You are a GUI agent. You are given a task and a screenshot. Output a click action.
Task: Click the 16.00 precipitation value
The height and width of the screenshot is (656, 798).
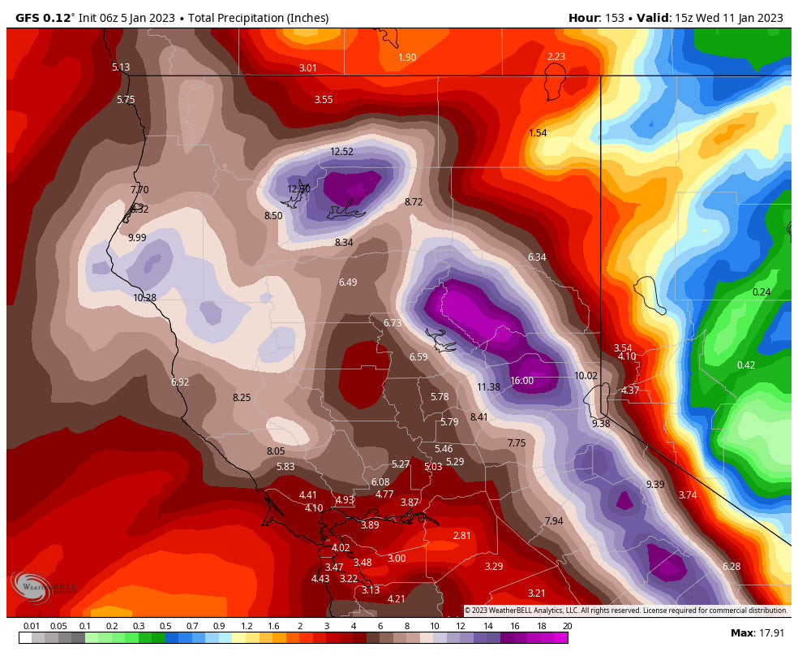pyautogui.click(x=521, y=381)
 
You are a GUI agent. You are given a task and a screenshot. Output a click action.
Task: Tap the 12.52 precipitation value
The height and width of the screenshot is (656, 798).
pyautogui.click(x=342, y=152)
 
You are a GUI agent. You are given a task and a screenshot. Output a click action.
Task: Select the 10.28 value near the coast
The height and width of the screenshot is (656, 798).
pyautogui.click(x=144, y=298)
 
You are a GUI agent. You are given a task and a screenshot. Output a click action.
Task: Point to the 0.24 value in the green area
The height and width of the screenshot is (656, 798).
pyautogui.click(x=762, y=292)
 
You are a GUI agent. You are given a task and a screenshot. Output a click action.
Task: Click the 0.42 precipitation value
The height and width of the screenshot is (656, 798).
pyautogui.click(x=745, y=365)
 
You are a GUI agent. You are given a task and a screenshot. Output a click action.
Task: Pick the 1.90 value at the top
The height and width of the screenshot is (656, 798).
pyautogui.click(x=407, y=58)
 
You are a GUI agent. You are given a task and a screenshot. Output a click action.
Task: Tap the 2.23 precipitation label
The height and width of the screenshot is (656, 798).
pyautogui.click(x=556, y=56)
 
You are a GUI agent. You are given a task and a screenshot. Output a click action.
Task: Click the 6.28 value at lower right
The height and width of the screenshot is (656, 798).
pyautogui.click(x=731, y=567)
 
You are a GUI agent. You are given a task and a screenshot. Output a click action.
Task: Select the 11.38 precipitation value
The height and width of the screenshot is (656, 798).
pyautogui.click(x=488, y=387)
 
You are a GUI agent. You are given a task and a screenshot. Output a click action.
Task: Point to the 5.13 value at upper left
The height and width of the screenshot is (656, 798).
pyautogui.click(x=121, y=67)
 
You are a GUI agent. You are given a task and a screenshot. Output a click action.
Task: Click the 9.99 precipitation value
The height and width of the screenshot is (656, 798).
pyautogui.click(x=137, y=238)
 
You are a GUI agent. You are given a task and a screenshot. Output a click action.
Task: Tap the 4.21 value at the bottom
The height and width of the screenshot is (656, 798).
pyautogui.click(x=396, y=599)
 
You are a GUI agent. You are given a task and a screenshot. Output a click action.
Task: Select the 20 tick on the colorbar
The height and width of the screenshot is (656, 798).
pyautogui.click(x=567, y=626)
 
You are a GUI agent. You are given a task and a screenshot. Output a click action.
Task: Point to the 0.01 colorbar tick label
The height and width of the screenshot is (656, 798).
pyautogui.click(x=32, y=626)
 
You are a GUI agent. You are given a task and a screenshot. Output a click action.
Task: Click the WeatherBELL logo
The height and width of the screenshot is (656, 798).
pyautogui.click(x=45, y=586)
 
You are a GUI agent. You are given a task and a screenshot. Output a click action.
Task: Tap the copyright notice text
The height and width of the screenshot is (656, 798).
pyautogui.click(x=625, y=611)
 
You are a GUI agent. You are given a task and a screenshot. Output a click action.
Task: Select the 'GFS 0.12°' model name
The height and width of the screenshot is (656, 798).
pyautogui.click(x=45, y=18)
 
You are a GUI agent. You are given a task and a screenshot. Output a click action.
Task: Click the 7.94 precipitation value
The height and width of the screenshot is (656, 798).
pyautogui.click(x=554, y=521)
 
